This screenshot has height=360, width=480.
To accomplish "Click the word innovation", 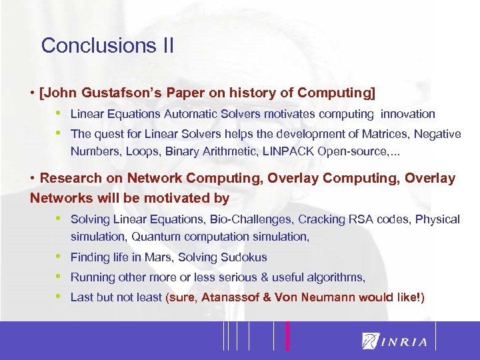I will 409,114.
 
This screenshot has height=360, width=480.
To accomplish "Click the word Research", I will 70,178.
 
